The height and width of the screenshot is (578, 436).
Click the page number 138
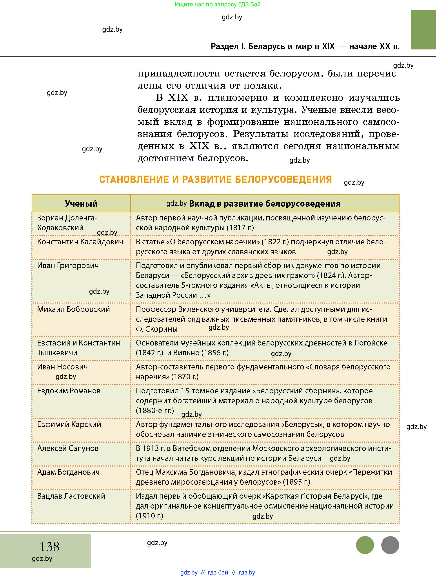pos(49,546)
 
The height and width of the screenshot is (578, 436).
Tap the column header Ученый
pos(81,204)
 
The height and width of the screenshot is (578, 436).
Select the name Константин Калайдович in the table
pos(80,242)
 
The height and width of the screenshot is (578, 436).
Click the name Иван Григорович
pos(68,265)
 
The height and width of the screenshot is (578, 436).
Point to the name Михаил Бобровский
pos(73,309)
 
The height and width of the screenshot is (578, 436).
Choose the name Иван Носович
pos(62,367)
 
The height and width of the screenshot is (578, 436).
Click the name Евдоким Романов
pos(69,391)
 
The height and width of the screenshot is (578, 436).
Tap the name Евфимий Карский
pos(69,424)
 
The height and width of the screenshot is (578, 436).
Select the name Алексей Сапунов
pos(68,448)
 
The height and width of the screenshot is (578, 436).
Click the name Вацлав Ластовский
pos(71,496)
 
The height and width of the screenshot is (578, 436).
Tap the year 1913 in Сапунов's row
pos(151,448)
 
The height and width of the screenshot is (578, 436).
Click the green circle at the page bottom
pos(365,545)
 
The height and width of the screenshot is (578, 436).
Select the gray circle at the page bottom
pos(390,545)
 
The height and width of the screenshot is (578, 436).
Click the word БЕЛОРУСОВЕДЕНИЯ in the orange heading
pos(283,180)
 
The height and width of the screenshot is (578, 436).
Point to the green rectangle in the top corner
pos(423,29)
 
